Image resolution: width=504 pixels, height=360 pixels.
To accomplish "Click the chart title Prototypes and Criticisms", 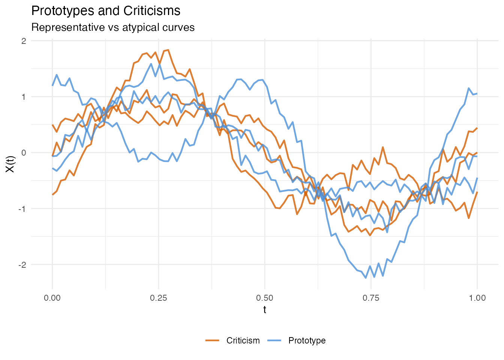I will click(106, 11).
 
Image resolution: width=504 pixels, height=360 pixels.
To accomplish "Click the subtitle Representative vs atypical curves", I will click(113, 27).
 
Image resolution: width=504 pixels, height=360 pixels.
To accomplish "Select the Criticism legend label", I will click(243, 340).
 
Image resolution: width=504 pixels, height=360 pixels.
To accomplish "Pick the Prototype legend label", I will click(307, 340).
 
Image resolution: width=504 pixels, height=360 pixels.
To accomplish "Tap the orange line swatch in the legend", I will click(212, 340).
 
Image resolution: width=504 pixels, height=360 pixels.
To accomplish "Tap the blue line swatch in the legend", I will click(274, 340).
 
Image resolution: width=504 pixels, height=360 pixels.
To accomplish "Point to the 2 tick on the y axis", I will click(24, 41).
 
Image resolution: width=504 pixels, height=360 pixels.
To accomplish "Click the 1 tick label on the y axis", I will click(24, 97).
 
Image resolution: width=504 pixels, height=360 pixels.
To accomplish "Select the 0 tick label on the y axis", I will click(24, 153).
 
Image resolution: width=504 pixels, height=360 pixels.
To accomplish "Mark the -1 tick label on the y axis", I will click(22, 208).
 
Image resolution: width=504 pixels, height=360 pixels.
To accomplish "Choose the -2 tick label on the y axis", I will click(22, 264).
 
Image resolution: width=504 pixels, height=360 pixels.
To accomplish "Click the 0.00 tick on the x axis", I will click(52, 298).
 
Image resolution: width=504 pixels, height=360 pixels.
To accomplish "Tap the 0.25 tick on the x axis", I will click(159, 298).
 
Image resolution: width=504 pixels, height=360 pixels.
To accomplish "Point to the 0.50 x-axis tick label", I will click(265, 298).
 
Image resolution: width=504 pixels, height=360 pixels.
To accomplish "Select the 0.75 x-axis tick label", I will click(371, 298).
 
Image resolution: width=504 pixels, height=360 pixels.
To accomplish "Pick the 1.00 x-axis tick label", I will click(477, 298).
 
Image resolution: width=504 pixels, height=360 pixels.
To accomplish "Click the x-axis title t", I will click(265, 310).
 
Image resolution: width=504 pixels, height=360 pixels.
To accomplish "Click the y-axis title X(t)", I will click(10, 164).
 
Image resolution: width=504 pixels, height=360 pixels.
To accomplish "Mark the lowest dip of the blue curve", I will click(366, 278).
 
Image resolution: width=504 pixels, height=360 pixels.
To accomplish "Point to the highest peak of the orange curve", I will click(168, 49).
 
